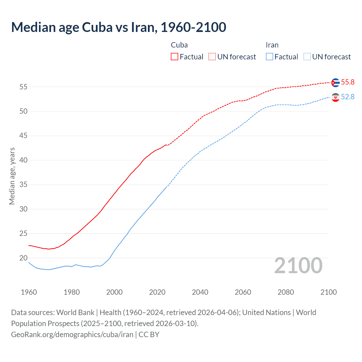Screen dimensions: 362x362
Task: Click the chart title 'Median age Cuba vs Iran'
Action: point(118,27)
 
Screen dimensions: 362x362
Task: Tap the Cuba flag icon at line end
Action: point(335,83)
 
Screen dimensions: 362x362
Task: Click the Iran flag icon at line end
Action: point(335,97)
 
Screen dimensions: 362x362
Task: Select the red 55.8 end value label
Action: point(348,82)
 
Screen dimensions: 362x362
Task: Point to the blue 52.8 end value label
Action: point(348,97)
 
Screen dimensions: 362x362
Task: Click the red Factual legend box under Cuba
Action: point(174,57)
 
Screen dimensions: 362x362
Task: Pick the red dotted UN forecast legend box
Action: point(212,57)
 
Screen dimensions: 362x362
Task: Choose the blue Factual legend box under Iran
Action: point(269,57)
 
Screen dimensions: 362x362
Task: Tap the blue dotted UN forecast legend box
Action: point(307,57)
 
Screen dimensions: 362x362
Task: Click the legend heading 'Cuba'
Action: point(179,45)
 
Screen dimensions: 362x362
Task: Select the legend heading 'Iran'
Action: point(272,45)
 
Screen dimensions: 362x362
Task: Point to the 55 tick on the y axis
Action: point(23,87)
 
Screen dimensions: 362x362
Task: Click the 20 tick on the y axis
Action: point(23,258)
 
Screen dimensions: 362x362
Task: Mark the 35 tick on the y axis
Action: point(23,185)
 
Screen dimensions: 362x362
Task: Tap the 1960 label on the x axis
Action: point(29,292)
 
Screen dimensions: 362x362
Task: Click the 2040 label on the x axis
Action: point(200,292)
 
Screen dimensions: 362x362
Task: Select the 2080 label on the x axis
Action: point(286,292)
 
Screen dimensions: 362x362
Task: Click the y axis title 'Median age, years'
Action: point(12,176)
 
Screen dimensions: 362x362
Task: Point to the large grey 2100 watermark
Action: point(298,266)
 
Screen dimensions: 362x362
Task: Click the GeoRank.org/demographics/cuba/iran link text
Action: point(72,335)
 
